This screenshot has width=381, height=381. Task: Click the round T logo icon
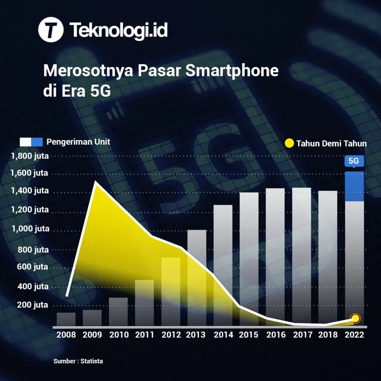click(x=51, y=31)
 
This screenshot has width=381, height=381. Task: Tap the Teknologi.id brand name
click(x=118, y=30)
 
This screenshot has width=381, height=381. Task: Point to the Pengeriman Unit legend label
click(x=78, y=142)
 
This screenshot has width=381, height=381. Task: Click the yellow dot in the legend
click(x=289, y=143)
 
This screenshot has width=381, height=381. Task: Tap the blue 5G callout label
click(x=354, y=161)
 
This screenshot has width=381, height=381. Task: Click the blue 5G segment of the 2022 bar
click(x=354, y=186)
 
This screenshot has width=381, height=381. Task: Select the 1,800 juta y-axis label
click(x=30, y=156)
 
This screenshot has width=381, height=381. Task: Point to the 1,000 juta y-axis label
click(x=30, y=229)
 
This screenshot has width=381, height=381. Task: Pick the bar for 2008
click(x=66, y=319)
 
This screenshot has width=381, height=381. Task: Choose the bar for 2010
click(x=118, y=312)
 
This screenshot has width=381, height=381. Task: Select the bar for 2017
click(x=301, y=257)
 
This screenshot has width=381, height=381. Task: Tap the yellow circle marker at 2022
click(x=356, y=318)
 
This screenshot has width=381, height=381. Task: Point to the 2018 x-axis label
click(x=328, y=335)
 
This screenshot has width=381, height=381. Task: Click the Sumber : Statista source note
click(x=78, y=361)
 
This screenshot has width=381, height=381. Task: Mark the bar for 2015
click(x=249, y=259)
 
